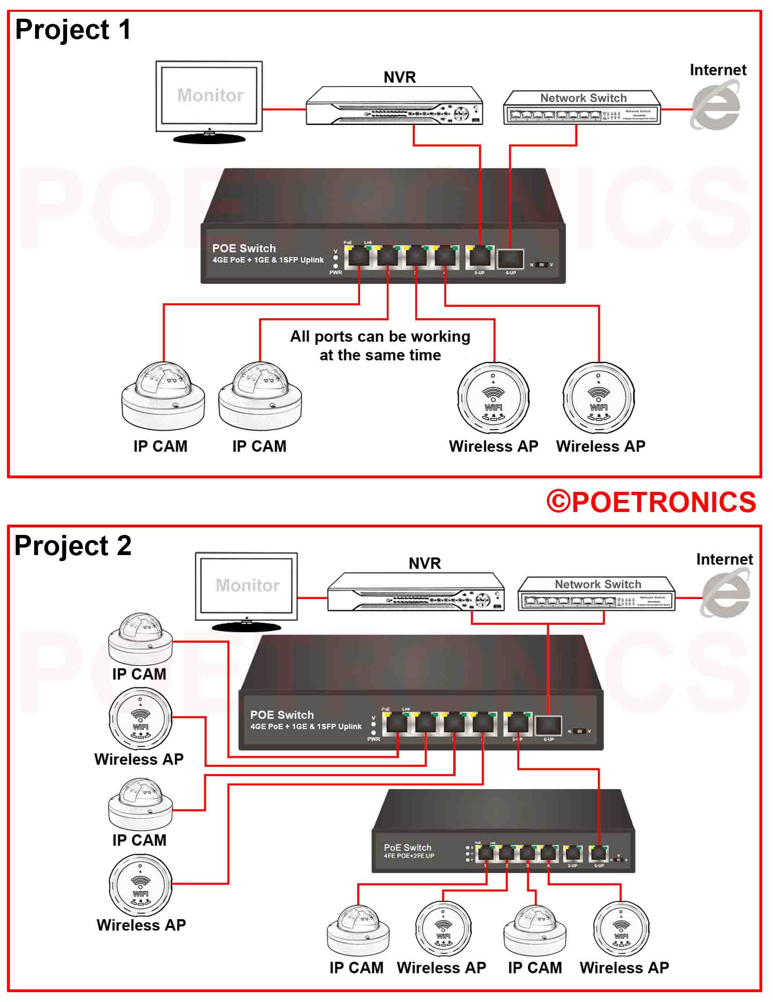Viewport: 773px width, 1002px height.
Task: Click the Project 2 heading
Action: point(73,546)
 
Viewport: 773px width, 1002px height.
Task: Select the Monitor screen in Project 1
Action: point(209,95)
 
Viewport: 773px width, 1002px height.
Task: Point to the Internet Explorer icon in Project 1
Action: point(715,105)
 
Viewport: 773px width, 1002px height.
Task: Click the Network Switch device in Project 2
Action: point(597,594)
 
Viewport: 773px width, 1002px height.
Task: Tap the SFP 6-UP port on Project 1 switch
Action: point(510,258)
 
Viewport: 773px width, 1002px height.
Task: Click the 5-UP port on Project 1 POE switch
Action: point(479,257)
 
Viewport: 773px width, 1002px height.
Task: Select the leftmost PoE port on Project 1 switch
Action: point(359,256)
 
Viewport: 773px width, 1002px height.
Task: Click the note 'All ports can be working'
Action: point(380,336)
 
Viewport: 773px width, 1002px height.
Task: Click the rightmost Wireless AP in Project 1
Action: point(598,398)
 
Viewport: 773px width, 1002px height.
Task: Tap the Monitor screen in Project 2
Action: point(246,586)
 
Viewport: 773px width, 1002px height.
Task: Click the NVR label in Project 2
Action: point(425,563)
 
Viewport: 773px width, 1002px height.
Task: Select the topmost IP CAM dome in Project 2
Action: point(140,638)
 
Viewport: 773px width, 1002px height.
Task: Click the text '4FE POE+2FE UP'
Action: point(409,856)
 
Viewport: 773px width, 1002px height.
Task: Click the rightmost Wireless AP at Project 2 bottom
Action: point(621,929)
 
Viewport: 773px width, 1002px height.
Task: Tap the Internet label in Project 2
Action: point(724,559)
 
